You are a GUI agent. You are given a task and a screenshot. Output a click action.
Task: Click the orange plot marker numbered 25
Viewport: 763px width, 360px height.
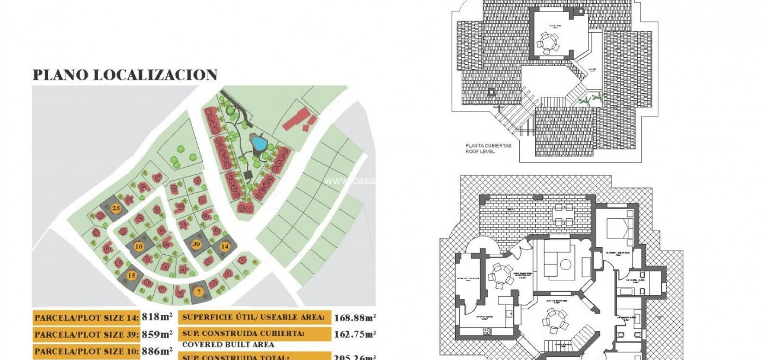pyautogui.click(x=116, y=209)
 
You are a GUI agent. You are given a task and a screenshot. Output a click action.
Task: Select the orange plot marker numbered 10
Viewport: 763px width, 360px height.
pyautogui.click(x=139, y=246)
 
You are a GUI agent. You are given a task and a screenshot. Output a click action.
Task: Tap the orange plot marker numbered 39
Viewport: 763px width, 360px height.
pyautogui.click(x=196, y=244)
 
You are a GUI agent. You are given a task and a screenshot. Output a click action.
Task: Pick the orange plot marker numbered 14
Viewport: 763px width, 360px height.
pyautogui.click(x=225, y=246)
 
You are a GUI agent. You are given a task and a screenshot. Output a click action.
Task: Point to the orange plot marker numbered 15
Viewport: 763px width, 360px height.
pyautogui.click(x=132, y=275)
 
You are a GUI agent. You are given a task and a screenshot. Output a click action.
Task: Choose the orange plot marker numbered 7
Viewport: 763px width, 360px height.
pyautogui.click(x=198, y=292)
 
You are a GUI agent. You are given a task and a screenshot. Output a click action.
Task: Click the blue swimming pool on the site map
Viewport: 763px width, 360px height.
pyautogui.click(x=257, y=142)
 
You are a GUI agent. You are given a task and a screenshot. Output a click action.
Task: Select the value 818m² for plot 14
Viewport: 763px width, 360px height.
pyautogui.click(x=157, y=317)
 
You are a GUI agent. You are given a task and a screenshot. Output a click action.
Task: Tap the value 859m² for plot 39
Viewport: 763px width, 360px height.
pyautogui.click(x=157, y=334)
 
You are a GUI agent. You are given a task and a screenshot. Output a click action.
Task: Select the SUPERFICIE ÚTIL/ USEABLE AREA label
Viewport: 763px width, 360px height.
pyautogui.click(x=253, y=317)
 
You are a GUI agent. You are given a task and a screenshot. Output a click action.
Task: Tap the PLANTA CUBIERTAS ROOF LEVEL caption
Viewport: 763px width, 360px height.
pyautogui.click(x=488, y=149)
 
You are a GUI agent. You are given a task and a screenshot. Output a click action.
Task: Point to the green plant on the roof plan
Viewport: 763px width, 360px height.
pyautogui.click(x=592, y=99)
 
